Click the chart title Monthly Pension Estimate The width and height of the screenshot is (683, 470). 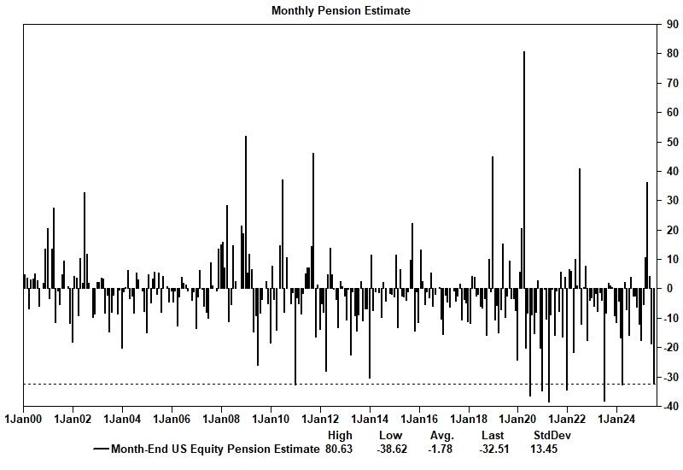click(341, 11)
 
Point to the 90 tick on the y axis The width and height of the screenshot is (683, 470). click(673, 25)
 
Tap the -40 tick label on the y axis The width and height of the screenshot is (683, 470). click(673, 407)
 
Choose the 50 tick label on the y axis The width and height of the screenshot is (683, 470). click(673, 142)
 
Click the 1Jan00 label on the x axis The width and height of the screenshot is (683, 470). click(23, 420)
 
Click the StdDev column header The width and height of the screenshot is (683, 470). click(552, 436)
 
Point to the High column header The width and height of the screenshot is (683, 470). click(339, 436)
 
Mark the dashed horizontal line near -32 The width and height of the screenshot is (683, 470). click(171, 384)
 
